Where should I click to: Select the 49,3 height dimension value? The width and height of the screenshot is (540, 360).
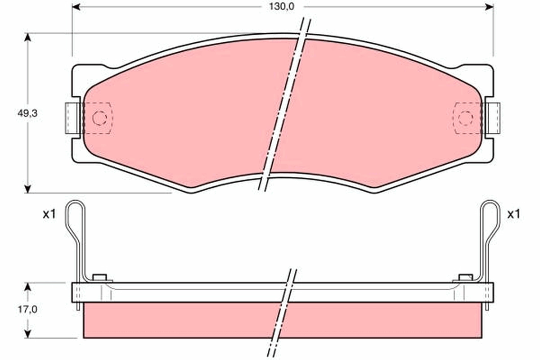coord(27,113)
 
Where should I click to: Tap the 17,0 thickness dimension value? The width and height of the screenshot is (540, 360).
coord(28,309)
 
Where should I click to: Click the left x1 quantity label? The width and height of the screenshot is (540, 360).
coord(49,214)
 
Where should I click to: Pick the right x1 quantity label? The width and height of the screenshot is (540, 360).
coord(514,214)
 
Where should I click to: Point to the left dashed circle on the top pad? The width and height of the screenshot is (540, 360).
coord(99,118)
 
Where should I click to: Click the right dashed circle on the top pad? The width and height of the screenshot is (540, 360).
coord(465,118)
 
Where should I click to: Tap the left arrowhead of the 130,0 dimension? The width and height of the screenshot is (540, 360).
coord(76,7)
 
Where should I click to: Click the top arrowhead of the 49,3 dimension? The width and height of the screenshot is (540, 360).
coord(28,38)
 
